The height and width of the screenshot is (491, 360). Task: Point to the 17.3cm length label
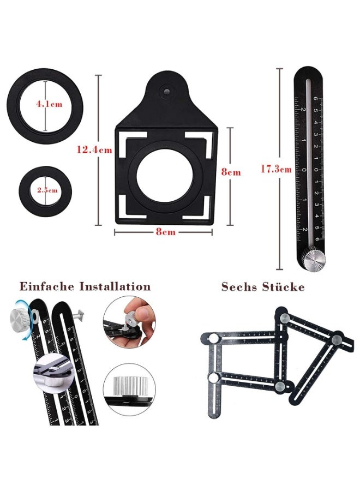click(275, 169)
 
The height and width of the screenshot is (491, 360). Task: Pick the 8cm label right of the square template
click(230, 172)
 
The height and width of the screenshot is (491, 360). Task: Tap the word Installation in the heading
click(115, 286)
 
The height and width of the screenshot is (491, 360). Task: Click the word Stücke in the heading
click(285, 287)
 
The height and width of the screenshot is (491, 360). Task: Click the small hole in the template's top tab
click(166, 86)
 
